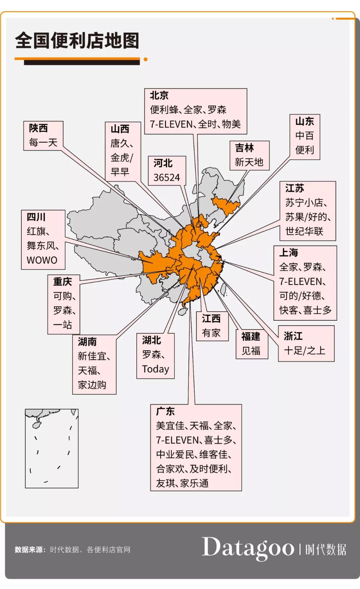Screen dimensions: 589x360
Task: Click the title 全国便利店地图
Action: tap(77, 41)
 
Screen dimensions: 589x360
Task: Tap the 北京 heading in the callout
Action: tap(159, 96)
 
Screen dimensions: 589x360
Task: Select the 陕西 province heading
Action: tap(38, 128)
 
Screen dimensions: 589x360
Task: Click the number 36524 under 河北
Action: tap(167, 178)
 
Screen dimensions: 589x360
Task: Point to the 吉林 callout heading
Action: tap(244, 148)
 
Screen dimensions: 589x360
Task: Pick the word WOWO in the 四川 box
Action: tap(42, 260)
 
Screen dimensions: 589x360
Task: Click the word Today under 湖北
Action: tap(155, 369)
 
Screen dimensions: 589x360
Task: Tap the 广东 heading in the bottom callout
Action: tap(165, 411)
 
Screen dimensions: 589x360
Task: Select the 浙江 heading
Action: tap(293, 336)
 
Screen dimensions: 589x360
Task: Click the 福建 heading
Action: tap(251, 337)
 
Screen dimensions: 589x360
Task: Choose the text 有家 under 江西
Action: tap(211, 333)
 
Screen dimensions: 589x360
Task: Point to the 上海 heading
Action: tap(289, 253)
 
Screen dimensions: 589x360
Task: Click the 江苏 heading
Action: tap(295, 188)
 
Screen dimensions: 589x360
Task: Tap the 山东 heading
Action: tap(305, 121)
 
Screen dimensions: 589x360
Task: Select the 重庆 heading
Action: tap(63, 282)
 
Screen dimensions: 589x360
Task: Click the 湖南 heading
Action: tap(87, 342)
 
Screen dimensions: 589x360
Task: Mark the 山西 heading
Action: tap(120, 129)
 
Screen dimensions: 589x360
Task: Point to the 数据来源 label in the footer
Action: tap(30, 550)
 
